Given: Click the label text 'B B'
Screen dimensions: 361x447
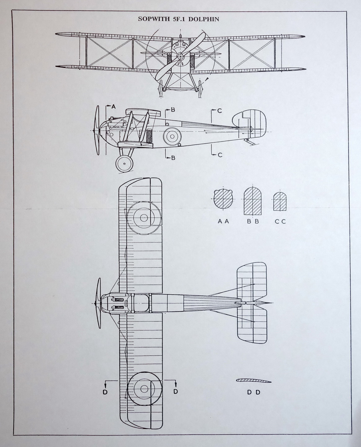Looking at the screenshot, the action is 253,221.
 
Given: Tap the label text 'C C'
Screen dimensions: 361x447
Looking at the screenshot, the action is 280,221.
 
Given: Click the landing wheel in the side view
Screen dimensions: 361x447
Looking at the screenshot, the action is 124,163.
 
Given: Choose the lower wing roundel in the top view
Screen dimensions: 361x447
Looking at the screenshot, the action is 144,389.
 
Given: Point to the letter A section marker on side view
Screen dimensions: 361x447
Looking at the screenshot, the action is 113,107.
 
